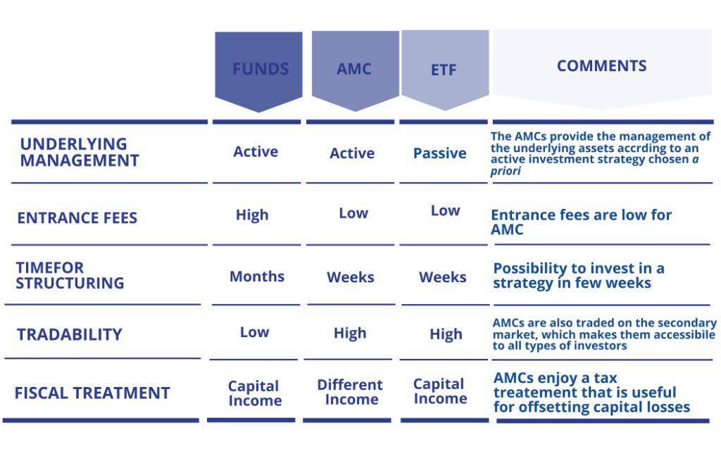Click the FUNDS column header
pos(261,69)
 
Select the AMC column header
pos(353,69)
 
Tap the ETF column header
pos(444,70)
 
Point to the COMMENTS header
pos(601,65)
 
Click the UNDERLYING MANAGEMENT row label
pos(80,152)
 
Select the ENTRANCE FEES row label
pos(77,217)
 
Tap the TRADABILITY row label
pos(70,334)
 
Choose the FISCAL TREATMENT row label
pos(92,393)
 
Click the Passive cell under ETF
pos(440,153)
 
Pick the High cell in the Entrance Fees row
pos(252,215)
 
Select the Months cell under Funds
pos(257,277)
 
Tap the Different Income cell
pos(351,392)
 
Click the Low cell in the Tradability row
pos(255,332)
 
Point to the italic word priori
pos(506,171)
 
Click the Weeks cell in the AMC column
pos(351,277)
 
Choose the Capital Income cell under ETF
pos(440,391)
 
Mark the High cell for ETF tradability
pos(446,334)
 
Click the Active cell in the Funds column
pos(256,151)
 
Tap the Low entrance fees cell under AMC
pos(353,213)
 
